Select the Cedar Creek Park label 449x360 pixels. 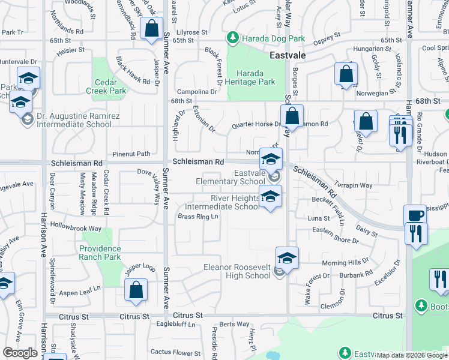[x=110, y=86]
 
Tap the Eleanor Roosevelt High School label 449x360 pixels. [x=237, y=271]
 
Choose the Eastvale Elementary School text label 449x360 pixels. [x=231, y=177]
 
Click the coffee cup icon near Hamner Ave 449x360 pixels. [x=415, y=215]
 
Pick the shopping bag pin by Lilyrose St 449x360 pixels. [x=151, y=28]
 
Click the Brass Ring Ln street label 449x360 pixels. [x=197, y=217]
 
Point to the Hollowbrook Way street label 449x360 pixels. [x=76, y=229]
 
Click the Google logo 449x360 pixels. [x=20, y=352]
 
